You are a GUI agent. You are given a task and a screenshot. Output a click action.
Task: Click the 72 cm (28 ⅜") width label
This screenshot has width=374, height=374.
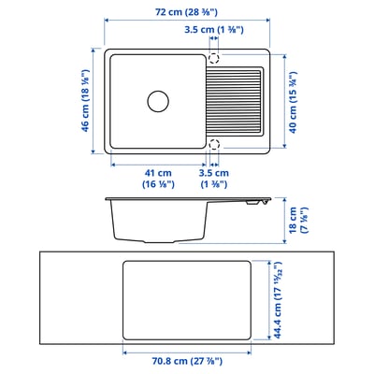[187, 11]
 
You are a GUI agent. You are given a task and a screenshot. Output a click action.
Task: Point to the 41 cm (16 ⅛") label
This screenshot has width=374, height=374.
[157, 179]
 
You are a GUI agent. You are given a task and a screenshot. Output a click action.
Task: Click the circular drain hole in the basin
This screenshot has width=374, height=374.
[156, 99]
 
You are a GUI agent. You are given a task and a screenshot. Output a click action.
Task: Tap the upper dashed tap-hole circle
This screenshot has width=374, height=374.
[214, 57]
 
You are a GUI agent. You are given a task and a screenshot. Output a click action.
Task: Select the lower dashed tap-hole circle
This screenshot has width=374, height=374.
[214, 144]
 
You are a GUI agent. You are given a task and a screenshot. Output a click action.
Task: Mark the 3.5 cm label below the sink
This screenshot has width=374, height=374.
[214, 179]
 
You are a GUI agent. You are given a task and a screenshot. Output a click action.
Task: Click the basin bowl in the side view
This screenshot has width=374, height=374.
[154, 221]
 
